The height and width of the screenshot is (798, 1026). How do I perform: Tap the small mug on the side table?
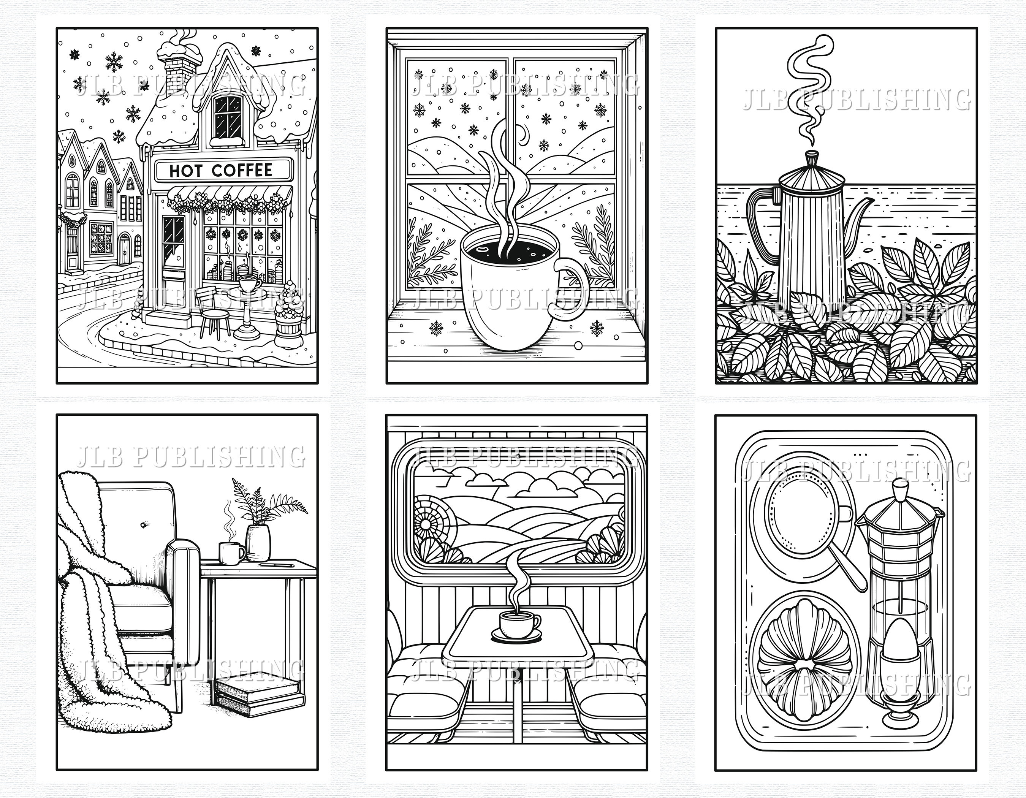click(x=231, y=553)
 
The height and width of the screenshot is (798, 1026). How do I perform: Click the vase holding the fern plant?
click(x=258, y=543)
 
